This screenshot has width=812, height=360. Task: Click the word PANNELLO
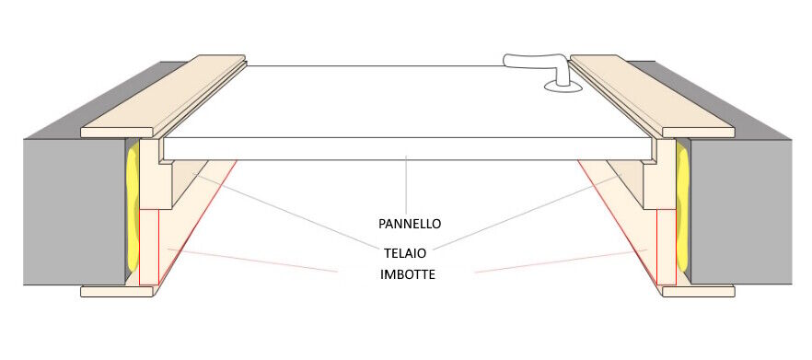(x=410, y=224)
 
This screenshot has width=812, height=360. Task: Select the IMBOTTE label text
(x=409, y=274)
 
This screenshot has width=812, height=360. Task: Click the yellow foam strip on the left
(x=131, y=212)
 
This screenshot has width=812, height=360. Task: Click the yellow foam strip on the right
(x=682, y=212)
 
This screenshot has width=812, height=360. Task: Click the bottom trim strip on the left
(x=117, y=291)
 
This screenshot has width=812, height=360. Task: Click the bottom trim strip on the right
(x=698, y=291)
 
